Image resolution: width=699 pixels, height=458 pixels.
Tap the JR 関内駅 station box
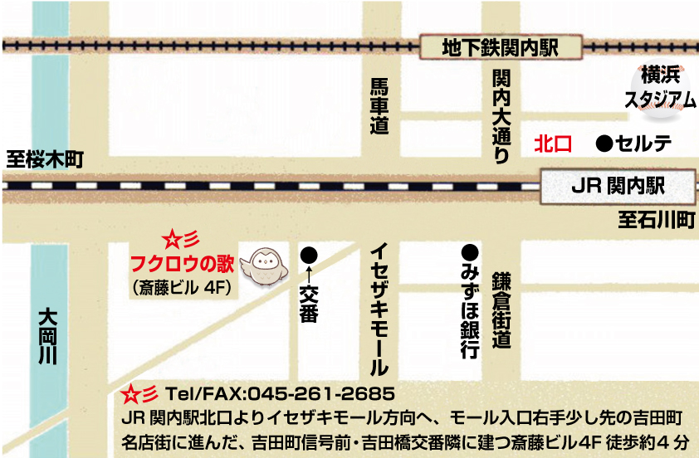pyautogui.click(x=618, y=186)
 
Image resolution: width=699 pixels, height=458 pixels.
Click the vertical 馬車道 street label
pyautogui.click(x=379, y=106)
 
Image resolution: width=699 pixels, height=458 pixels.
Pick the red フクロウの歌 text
pyautogui.click(x=183, y=266)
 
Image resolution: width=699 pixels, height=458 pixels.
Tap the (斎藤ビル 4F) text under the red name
pyautogui.click(x=185, y=287)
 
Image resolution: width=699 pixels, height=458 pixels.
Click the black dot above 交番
pyautogui.click(x=309, y=253)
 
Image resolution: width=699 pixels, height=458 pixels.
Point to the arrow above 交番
pyautogui.click(x=309, y=271)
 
